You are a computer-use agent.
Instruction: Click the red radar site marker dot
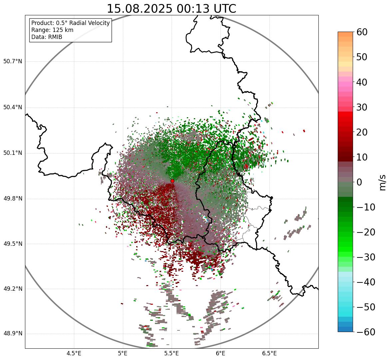[x=173, y=181]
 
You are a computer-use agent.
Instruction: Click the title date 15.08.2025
[x=140, y=9]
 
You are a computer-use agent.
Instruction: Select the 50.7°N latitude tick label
[x=13, y=62]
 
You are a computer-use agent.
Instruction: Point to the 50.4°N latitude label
[x=13, y=107]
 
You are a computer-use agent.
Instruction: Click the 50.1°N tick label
[x=13, y=153]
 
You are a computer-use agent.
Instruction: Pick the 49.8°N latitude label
[x=13, y=199]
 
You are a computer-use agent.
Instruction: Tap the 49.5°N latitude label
[x=13, y=244]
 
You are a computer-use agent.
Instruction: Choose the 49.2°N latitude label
[x=13, y=289]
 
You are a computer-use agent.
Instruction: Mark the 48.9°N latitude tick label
[x=13, y=334]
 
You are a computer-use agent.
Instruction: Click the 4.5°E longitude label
[x=74, y=353]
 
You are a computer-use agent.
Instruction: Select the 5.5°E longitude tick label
[x=172, y=353]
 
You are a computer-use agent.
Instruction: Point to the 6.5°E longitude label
[x=269, y=353]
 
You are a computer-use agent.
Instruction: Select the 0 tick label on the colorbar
[x=359, y=182]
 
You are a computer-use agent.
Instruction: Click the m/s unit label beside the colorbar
[x=382, y=182]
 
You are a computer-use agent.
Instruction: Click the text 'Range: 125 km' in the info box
[x=52, y=30]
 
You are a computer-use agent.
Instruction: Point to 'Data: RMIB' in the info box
[x=47, y=37]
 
